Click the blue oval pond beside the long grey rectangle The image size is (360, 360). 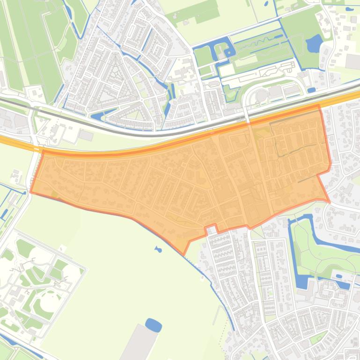click(154, 324)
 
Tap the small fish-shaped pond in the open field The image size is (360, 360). click(158, 249)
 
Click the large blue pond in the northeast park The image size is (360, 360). click(314, 44)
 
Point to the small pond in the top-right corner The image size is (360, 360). click(349, 8)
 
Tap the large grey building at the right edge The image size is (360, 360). click(353, 61)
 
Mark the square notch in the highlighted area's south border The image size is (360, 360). click(212, 229)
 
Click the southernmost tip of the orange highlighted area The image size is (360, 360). click(184, 254)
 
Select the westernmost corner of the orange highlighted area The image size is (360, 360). click(30, 192)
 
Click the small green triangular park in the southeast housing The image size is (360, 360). click(318, 338)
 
